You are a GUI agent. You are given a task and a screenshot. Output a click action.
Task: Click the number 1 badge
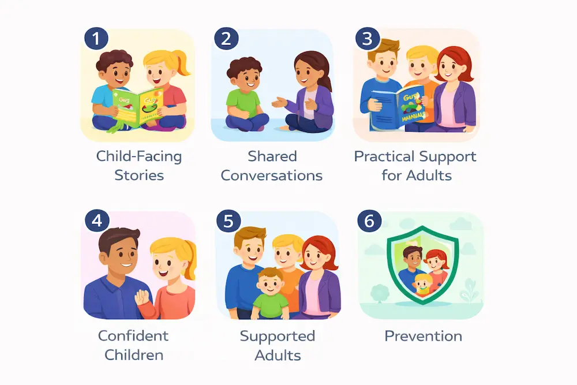96,39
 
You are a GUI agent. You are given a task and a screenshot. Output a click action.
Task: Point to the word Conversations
272,175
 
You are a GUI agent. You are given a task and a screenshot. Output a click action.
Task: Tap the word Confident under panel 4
133,335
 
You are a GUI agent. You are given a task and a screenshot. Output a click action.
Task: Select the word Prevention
423,335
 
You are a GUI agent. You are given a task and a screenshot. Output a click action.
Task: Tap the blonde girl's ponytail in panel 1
183,62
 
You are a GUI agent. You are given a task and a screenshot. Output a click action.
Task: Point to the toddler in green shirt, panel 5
271,294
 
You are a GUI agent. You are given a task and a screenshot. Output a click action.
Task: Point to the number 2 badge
226,39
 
